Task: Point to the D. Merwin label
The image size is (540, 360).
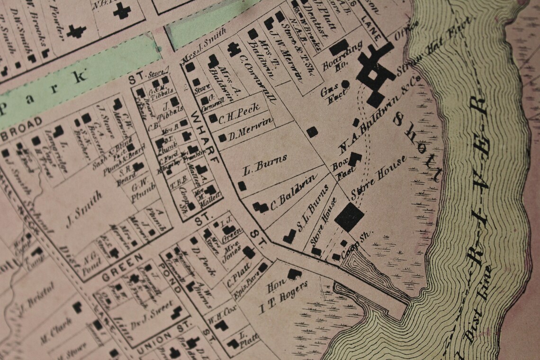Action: (251, 129)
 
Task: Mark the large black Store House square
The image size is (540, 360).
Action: (349, 216)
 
